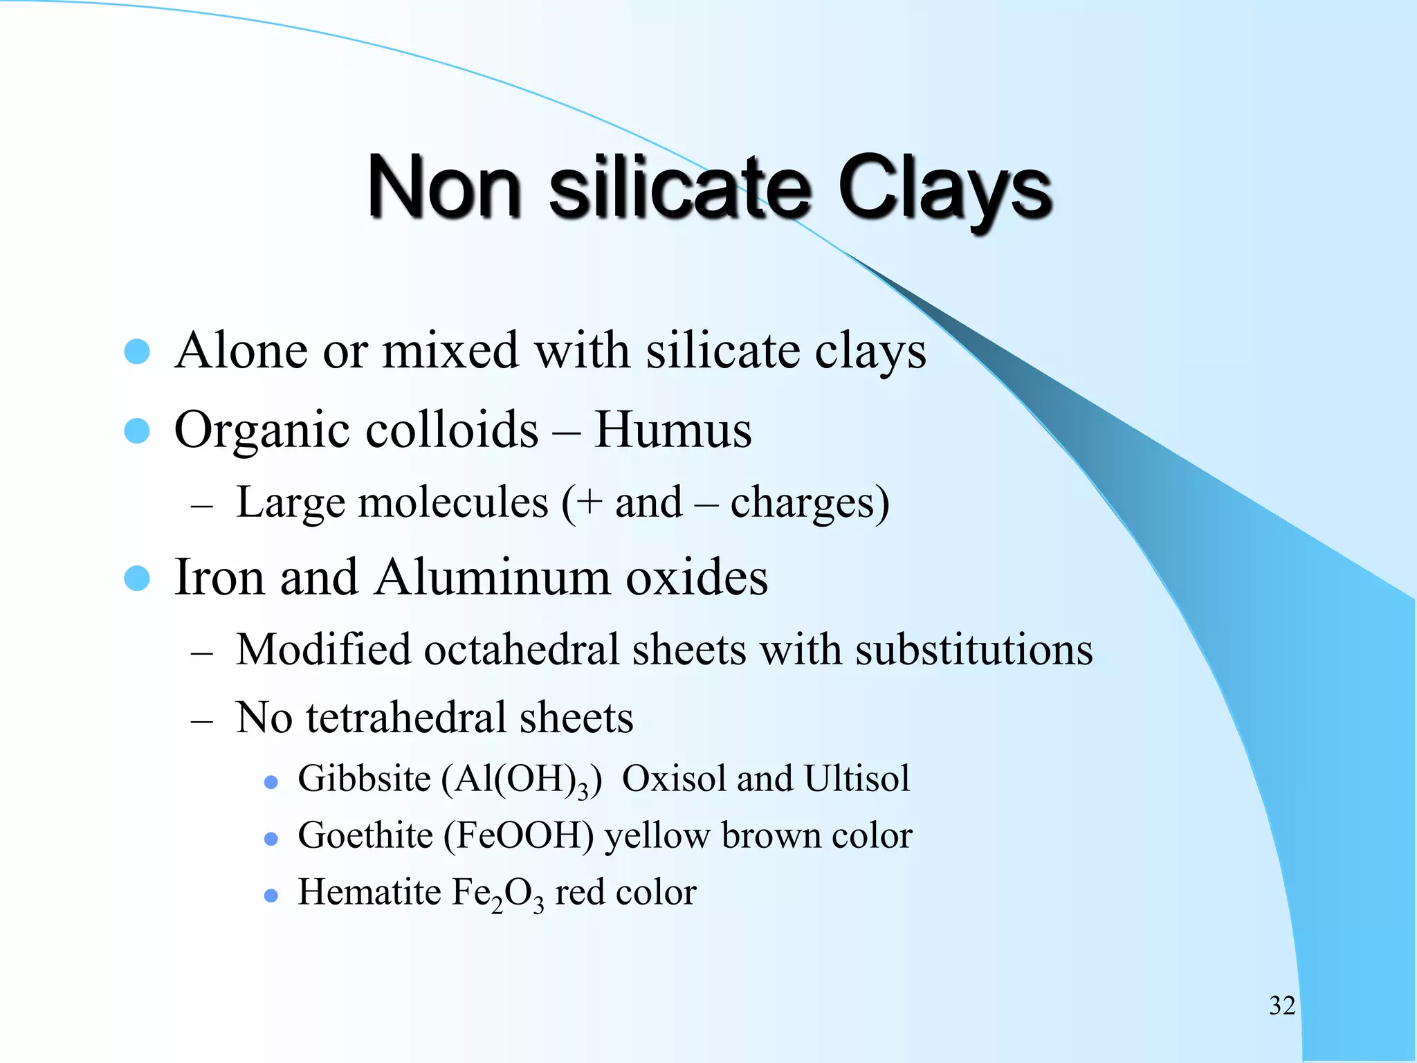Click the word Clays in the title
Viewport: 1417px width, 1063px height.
click(944, 188)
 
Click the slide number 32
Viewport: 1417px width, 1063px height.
click(1282, 1006)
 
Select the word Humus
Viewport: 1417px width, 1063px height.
click(673, 430)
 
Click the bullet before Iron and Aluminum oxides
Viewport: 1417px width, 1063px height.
click(137, 578)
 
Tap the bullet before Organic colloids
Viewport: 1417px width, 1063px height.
click(137, 430)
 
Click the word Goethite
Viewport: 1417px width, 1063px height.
click(365, 835)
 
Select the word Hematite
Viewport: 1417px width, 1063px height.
click(369, 892)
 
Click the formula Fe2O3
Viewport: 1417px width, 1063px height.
click(497, 894)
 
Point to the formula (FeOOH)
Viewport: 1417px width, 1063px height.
click(518, 836)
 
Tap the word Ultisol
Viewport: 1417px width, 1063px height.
click(857, 779)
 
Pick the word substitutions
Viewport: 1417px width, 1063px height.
click(973, 651)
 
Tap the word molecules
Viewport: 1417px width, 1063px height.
click(453, 502)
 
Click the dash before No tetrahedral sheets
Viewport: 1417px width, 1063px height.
click(201, 720)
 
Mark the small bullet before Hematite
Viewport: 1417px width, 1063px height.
click(271, 896)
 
